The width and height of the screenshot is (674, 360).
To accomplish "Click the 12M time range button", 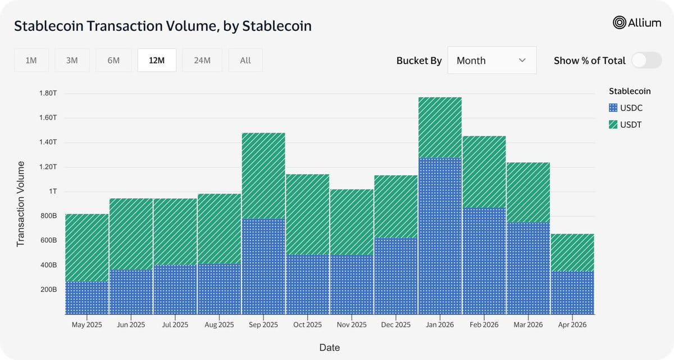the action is (x=157, y=60).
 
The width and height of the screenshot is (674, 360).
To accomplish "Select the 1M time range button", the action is (x=31, y=60).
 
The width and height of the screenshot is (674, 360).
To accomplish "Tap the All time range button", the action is (x=245, y=60).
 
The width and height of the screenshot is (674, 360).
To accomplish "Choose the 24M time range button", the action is (x=202, y=60).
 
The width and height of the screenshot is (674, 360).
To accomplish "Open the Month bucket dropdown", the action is (x=492, y=60).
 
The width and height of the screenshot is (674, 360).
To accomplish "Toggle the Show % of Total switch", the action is (x=646, y=60).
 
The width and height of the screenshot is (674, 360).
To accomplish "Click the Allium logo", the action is (x=637, y=22).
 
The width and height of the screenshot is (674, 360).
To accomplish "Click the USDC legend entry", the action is (x=626, y=108).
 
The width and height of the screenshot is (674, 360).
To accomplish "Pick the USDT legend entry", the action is (x=625, y=125).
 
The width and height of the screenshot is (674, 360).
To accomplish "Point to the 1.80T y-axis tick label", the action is (x=48, y=93).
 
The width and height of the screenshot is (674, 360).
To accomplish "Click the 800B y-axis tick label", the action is (x=49, y=216).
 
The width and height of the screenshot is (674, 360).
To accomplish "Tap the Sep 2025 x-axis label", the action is (x=263, y=325).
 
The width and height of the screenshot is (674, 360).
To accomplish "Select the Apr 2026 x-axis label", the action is (x=572, y=325).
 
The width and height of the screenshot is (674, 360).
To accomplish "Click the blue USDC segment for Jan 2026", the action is (x=440, y=236).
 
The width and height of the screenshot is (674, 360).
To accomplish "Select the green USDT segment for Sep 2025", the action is (x=263, y=176).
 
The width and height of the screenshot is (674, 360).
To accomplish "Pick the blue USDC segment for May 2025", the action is (x=87, y=298).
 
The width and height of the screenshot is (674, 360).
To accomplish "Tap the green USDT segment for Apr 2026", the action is (x=572, y=253).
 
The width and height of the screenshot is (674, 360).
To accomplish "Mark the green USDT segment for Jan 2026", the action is (x=440, y=127).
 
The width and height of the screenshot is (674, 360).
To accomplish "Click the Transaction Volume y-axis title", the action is (x=20, y=204).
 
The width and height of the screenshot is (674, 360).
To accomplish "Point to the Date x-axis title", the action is (x=330, y=348).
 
